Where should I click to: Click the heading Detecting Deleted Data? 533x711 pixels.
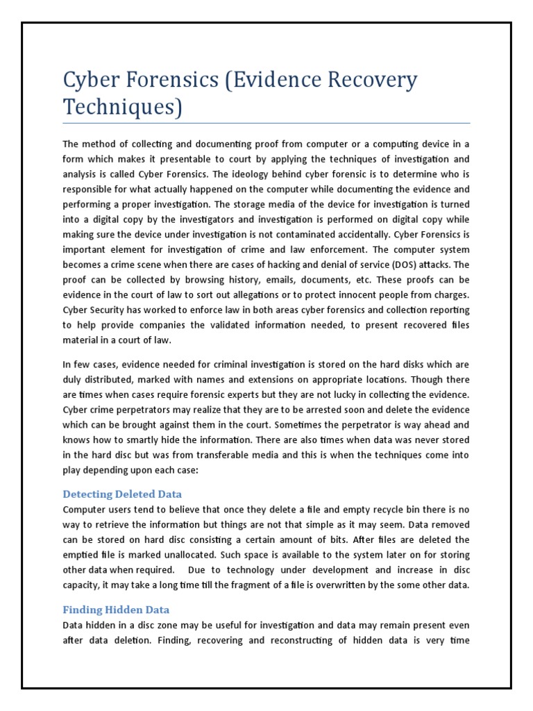coord(122,494)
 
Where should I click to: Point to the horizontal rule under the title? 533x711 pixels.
coord(266,124)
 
